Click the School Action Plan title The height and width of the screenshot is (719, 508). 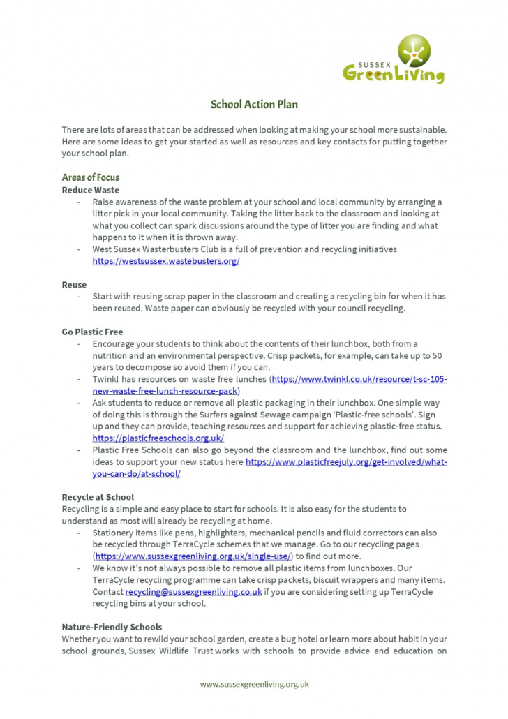tap(254, 105)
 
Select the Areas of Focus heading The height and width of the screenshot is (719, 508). tap(90, 177)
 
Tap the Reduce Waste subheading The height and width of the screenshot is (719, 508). tap(90, 190)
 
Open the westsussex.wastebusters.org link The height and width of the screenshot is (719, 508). tap(166, 261)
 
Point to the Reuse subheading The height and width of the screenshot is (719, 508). tap(74, 285)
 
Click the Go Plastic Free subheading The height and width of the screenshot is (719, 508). tap(92, 332)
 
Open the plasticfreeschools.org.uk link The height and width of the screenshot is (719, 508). tap(158, 438)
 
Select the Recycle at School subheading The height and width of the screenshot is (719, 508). tap(98, 497)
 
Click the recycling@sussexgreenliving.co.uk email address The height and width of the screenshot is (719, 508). tap(193, 592)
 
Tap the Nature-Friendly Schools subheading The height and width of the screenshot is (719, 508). tap(112, 627)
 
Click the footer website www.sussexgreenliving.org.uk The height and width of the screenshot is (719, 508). tap(254, 685)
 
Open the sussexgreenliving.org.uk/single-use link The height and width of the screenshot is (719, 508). tap(193, 556)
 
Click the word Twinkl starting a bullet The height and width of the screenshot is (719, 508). tap(105, 379)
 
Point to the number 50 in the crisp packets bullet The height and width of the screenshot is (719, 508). tap(437, 355)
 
